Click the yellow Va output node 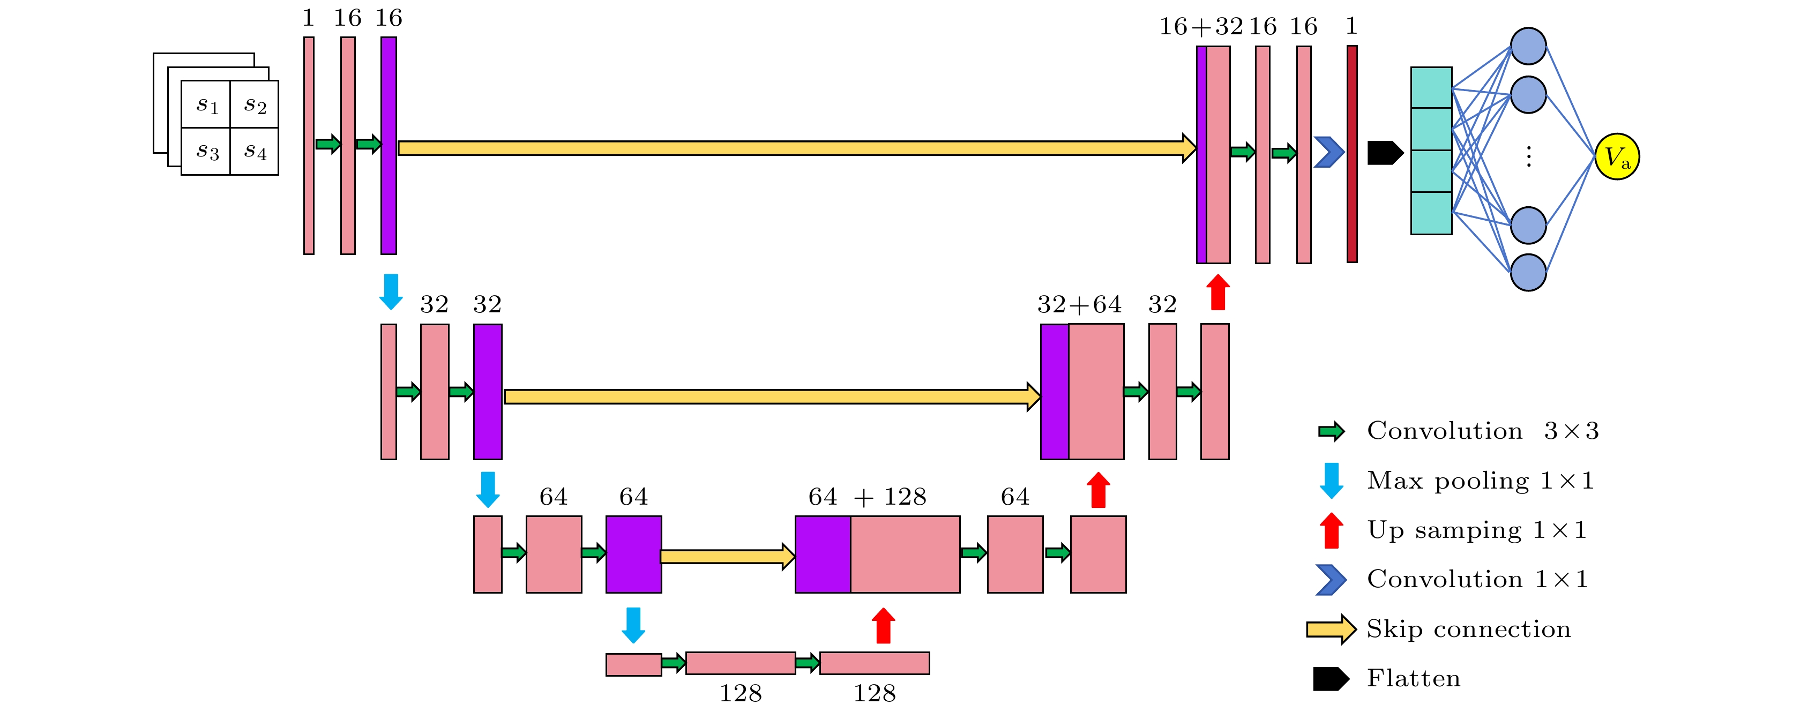tap(1616, 156)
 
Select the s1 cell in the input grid tap(206, 104)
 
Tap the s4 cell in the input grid tap(255, 151)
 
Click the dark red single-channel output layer tap(1351, 154)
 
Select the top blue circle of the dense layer tap(1528, 47)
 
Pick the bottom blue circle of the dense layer tap(1528, 272)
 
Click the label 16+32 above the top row tap(1201, 26)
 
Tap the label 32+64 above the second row tap(1079, 304)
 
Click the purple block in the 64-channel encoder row tap(633, 554)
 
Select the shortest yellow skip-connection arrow tap(727, 556)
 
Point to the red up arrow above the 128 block tap(883, 625)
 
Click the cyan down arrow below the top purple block tap(391, 291)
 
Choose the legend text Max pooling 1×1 tap(1480, 480)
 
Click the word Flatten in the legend tap(1413, 678)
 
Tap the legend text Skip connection tap(1469, 628)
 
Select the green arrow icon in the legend tap(1331, 431)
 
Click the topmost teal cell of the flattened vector tap(1431, 88)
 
